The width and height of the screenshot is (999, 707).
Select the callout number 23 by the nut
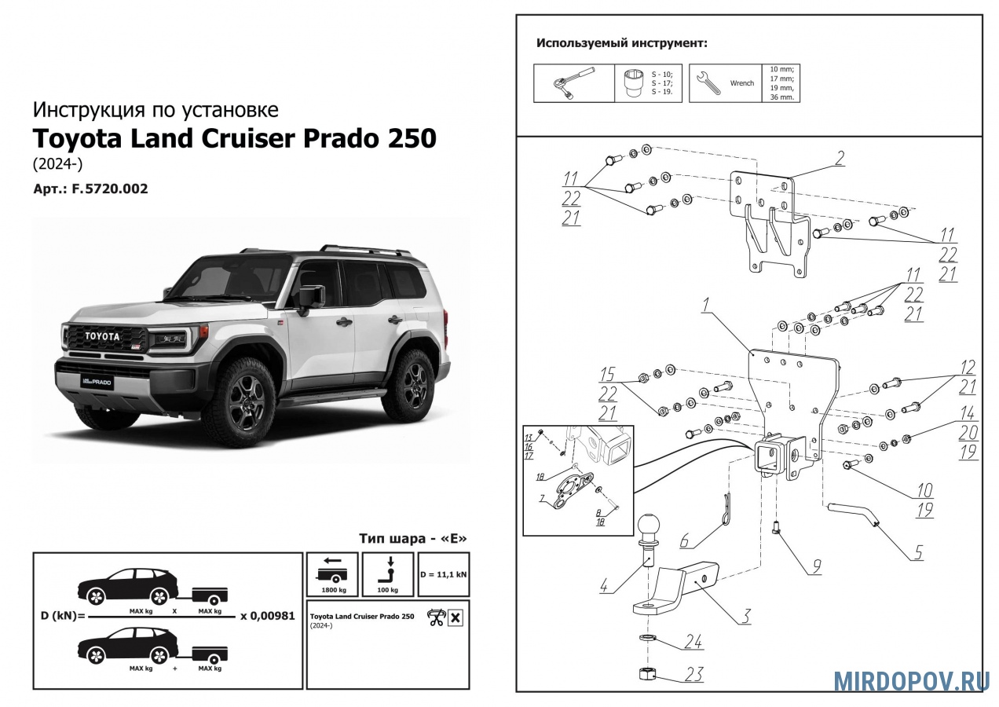point(693,674)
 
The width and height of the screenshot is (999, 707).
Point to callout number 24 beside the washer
point(691,642)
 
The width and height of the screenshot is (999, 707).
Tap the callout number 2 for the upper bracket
point(839,158)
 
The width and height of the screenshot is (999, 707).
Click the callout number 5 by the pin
point(917,552)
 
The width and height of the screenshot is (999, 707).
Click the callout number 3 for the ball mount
point(743,616)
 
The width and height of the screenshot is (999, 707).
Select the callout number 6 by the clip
point(685,541)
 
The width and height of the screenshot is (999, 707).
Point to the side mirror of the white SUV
point(307,296)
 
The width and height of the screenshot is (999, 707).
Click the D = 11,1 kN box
point(444,574)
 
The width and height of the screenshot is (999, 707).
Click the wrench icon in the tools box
point(707,83)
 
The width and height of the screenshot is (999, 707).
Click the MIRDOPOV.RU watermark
point(911,680)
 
